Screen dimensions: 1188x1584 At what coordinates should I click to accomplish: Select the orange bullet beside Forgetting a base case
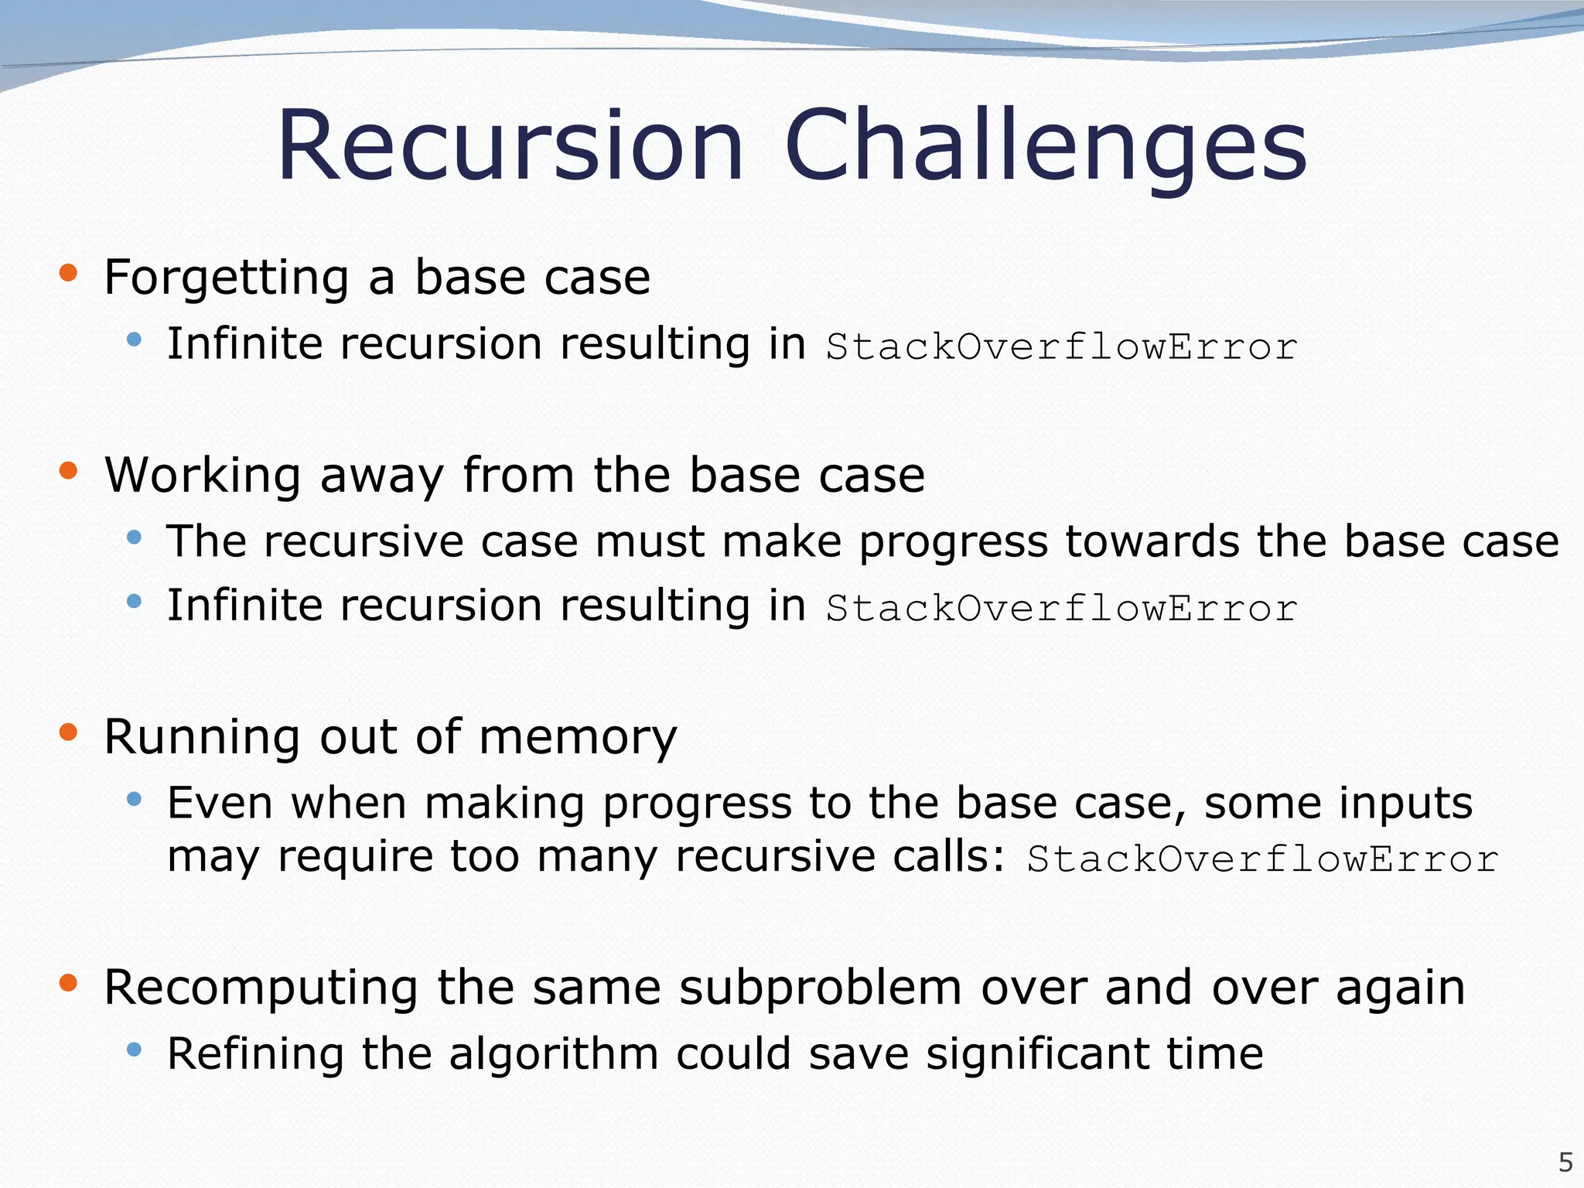(x=68, y=272)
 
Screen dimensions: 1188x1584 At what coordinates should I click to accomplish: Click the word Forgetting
(x=226, y=278)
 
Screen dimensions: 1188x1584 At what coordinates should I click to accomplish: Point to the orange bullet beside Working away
(x=68, y=470)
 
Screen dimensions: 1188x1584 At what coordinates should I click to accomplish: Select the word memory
(x=577, y=738)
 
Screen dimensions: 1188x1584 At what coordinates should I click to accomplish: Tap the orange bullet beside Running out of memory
(x=68, y=732)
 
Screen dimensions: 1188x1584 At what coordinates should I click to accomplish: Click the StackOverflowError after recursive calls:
(x=1262, y=859)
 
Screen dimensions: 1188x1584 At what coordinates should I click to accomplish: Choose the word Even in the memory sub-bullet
(x=220, y=803)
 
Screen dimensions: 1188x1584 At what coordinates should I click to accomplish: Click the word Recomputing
(x=261, y=989)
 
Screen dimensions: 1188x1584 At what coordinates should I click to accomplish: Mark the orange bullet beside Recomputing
(x=68, y=983)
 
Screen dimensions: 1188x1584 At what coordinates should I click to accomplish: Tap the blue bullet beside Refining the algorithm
(x=135, y=1050)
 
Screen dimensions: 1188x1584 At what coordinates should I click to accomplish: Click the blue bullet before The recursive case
(x=135, y=537)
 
